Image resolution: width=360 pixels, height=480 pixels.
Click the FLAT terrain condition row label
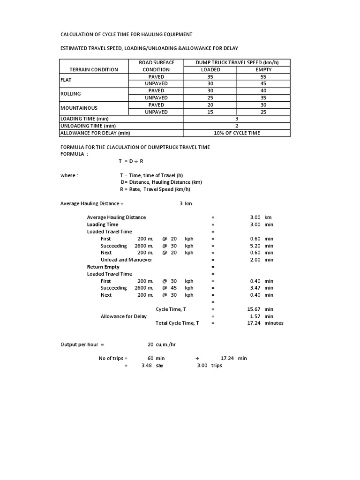(x=65, y=80)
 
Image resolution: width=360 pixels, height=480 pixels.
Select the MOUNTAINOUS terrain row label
(x=79, y=108)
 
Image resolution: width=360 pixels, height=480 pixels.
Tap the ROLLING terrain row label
(x=71, y=94)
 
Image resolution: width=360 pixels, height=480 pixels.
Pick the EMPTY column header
(x=263, y=70)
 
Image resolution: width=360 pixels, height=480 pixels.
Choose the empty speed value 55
(x=263, y=76)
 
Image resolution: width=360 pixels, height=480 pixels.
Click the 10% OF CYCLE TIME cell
(x=237, y=133)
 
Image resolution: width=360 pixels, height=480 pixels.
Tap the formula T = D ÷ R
(x=131, y=161)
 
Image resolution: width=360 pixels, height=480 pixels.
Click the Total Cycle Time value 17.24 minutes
(x=254, y=323)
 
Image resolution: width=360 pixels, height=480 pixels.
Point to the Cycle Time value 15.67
(x=254, y=309)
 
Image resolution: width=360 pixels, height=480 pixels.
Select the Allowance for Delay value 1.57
(x=255, y=316)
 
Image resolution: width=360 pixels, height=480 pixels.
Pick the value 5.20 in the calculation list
(x=255, y=246)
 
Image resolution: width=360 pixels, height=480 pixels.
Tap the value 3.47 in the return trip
(x=255, y=288)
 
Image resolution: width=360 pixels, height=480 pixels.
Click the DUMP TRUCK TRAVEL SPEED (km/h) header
(x=237, y=63)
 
